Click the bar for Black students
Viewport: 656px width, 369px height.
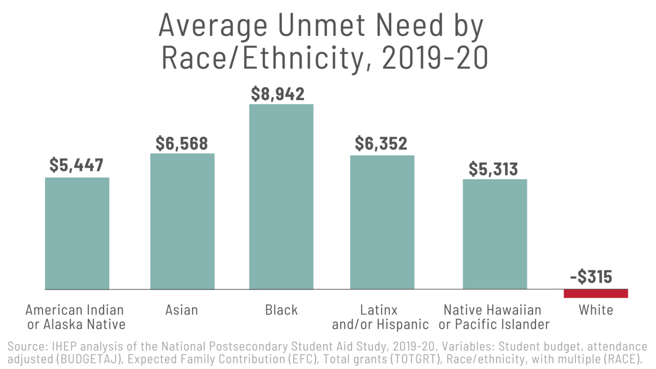pos(281,196)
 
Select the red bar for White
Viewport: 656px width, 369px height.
pos(596,293)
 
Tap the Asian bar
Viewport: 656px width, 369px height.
pos(182,221)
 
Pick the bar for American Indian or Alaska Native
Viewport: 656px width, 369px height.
pos(77,233)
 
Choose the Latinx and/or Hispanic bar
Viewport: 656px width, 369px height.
pos(382,222)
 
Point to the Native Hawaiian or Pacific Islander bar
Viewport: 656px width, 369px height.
pos(495,234)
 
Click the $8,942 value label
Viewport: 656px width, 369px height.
pos(278,94)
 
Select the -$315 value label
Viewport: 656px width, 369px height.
pos(591,277)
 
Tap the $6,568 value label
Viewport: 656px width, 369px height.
pos(182,143)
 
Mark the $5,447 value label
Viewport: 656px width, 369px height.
pos(76,165)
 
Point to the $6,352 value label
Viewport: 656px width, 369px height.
pos(381,143)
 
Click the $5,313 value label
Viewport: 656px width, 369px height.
pos(493,169)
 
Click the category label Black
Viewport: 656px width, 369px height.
pos(281,310)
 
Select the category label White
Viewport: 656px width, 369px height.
pos(596,310)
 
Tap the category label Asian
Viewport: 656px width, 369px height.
pos(182,310)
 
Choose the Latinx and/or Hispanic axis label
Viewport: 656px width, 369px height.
pos(380,317)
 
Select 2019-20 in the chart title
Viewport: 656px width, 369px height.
pos(435,58)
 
